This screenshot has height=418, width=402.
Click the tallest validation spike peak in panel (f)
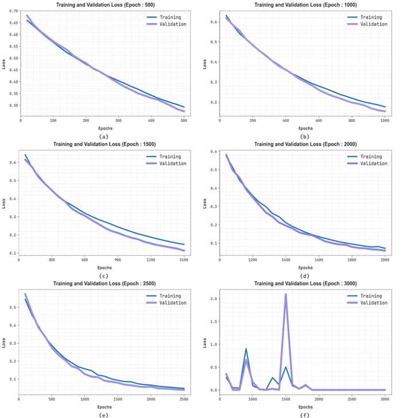pos(285,294)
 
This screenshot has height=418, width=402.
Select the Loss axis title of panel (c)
pos(4,202)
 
